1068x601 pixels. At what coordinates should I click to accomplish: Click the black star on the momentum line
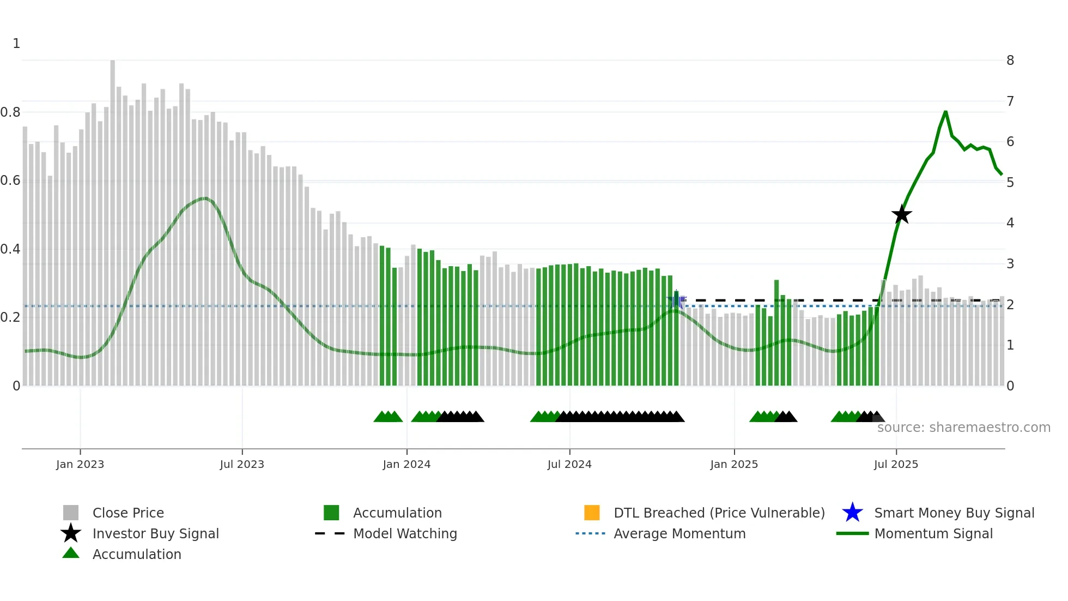[x=902, y=214]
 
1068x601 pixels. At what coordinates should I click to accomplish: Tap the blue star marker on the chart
[x=676, y=299]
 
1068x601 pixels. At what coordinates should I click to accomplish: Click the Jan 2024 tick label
[x=406, y=464]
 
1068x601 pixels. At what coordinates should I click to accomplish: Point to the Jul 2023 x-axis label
[x=242, y=464]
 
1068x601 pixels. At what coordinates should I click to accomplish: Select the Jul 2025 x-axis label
[x=896, y=464]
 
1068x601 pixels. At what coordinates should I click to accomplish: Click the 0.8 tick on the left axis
[x=10, y=112]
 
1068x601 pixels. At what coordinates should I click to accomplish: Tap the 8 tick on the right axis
[x=1010, y=61]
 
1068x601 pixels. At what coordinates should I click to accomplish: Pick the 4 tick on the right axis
[x=1010, y=223]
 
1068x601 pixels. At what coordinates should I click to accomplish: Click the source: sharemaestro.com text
[x=963, y=428]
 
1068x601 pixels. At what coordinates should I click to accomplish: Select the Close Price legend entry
[x=128, y=513]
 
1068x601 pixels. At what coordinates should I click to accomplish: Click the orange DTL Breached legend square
[x=592, y=513]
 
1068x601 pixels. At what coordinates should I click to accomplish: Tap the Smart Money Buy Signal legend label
[x=954, y=513]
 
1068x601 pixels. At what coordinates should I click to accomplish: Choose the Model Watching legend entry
[x=405, y=533]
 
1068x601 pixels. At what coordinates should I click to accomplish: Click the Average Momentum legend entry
[x=679, y=533]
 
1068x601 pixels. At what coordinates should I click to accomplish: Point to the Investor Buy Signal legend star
[x=71, y=533]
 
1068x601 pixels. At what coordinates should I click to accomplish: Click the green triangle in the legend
[x=71, y=553]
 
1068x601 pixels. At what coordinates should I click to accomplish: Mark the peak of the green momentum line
[x=945, y=112]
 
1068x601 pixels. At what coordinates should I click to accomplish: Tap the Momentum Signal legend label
[x=933, y=533]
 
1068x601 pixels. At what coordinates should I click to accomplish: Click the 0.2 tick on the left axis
[x=10, y=317]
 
